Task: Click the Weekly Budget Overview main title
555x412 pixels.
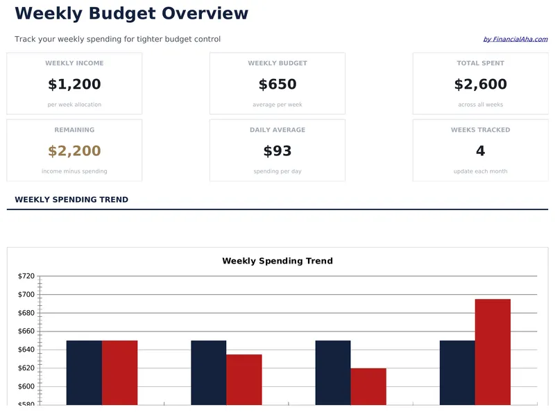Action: coord(131,13)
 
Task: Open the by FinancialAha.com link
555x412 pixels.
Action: coord(515,40)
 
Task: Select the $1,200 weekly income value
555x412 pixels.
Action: coord(74,85)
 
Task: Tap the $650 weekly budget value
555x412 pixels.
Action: coord(277,85)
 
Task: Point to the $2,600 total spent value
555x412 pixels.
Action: coord(480,85)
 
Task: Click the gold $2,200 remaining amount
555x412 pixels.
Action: coord(74,151)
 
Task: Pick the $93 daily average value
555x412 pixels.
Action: coord(277,151)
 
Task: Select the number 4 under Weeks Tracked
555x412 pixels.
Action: coord(480,151)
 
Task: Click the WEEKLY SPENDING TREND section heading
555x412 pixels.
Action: coord(71,200)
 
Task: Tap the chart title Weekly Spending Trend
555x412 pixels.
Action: coord(277,261)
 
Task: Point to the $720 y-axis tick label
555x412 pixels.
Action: coord(26,276)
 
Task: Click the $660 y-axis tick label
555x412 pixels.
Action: coord(26,332)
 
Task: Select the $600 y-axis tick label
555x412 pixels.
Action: coord(26,386)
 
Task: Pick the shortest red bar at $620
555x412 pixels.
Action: coord(368,386)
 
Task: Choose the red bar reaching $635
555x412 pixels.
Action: coord(244,379)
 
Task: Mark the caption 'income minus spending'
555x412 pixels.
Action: coord(74,171)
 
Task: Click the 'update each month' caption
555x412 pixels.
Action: coord(480,171)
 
